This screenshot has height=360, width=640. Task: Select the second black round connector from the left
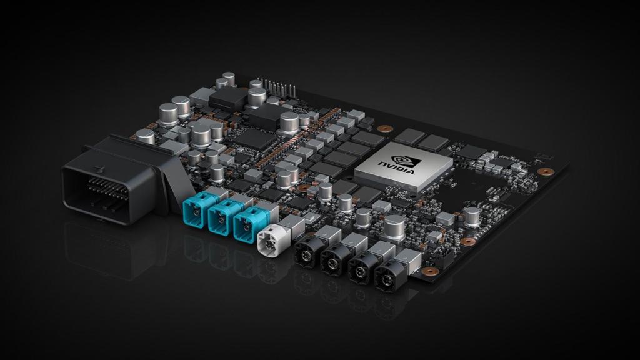334,261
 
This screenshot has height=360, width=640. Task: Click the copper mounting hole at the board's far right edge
546,171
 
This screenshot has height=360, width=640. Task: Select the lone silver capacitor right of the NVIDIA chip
471,216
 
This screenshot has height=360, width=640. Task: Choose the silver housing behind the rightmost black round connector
407,259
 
